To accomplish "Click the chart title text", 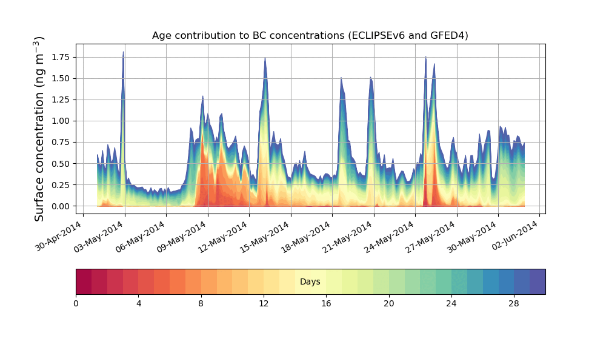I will pyautogui.click(x=310, y=36).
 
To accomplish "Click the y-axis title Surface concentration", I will pyautogui.click(x=39, y=129).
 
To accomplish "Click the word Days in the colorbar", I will pyautogui.click(x=310, y=282).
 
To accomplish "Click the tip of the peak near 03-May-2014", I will pyautogui.click(x=123, y=52).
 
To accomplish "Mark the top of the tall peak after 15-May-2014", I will pyautogui.click(x=265, y=58).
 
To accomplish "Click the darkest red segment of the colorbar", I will pyautogui.click(x=84, y=282).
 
